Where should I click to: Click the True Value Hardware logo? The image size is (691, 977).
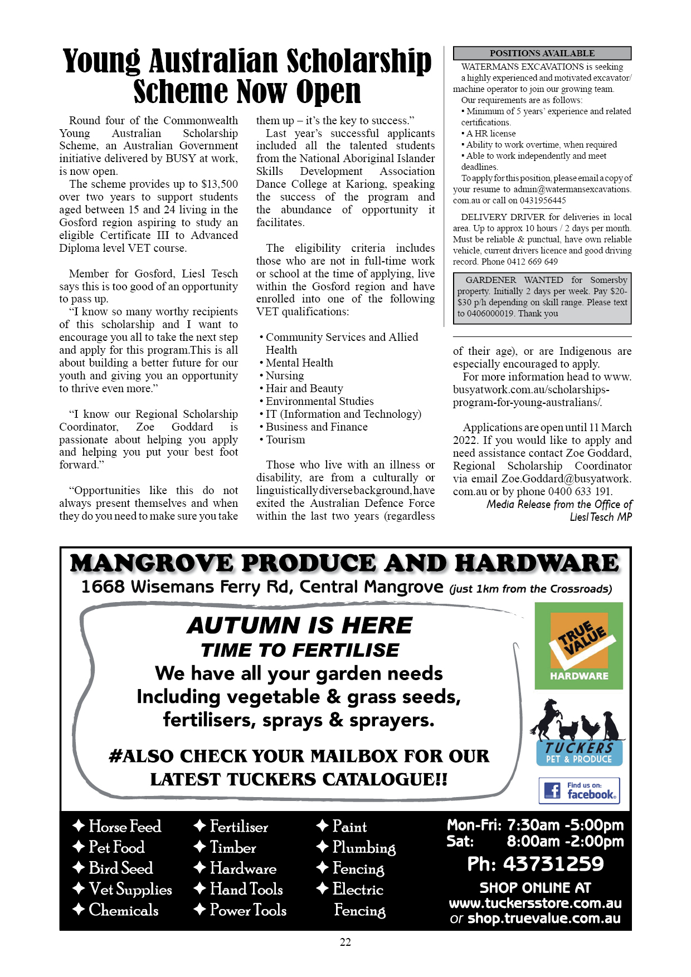click(578, 646)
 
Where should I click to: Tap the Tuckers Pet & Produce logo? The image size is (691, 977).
click(578, 733)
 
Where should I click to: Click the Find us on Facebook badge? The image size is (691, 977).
click(578, 790)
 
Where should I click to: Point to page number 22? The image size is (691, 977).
click(345, 942)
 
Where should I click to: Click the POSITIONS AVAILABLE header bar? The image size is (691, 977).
click(542, 53)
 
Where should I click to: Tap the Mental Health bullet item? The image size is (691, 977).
click(299, 363)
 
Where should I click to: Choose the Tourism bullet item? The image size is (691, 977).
click(285, 440)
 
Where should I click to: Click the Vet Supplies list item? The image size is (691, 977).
click(130, 890)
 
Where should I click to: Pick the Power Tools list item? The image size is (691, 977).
click(247, 910)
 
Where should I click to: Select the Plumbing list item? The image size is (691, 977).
click(363, 848)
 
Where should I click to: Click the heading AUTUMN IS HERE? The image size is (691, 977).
click(300, 626)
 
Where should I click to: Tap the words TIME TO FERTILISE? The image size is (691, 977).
click(300, 650)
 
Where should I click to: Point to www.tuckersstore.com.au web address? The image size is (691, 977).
click(535, 903)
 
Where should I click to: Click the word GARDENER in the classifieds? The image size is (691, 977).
click(490, 280)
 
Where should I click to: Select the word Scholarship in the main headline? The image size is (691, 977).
click(359, 61)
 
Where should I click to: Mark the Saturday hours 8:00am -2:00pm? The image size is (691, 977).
click(565, 841)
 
